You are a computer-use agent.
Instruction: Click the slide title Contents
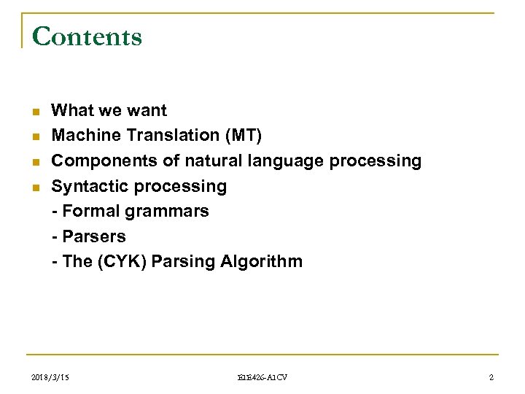[x=87, y=36]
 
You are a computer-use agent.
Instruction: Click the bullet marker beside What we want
[x=34, y=112]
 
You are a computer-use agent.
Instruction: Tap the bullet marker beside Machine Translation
[x=34, y=136]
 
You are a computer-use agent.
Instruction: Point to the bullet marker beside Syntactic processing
[x=34, y=187]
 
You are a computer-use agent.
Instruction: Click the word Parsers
[x=94, y=236]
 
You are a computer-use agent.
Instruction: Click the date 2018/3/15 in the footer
[x=52, y=376]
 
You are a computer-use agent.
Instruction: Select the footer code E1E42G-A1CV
[x=262, y=376]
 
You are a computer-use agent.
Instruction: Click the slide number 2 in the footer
[x=491, y=376]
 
